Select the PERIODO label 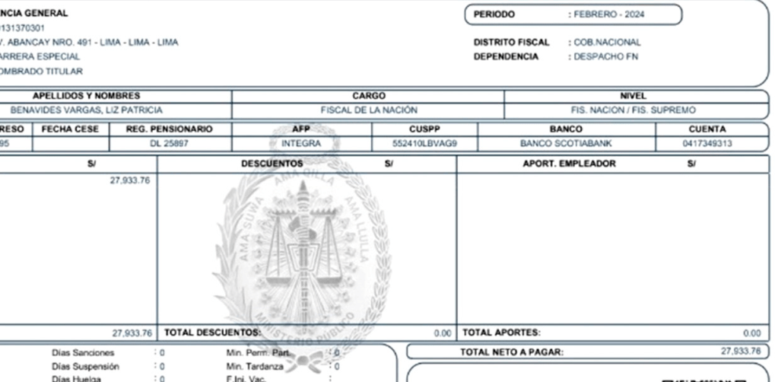click(x=494, y=14)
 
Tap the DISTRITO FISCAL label click(x=511, y=43)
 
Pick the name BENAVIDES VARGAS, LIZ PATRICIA click(x=86, y=110)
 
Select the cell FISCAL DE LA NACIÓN click(x=369, y=110)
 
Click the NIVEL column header click(x=633, y=96)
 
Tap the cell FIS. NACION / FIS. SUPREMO click(x=633, y=110)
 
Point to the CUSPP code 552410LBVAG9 click(x=424, y=143)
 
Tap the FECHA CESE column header click(x=69, y=129)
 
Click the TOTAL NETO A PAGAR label click(x=512, y=352)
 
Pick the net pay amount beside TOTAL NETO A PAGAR click(x=740, y=352)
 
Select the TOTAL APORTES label click(x=500, y=333)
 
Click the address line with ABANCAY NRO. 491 click(x=90, y=43)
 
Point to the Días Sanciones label click(x=83, y=353)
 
